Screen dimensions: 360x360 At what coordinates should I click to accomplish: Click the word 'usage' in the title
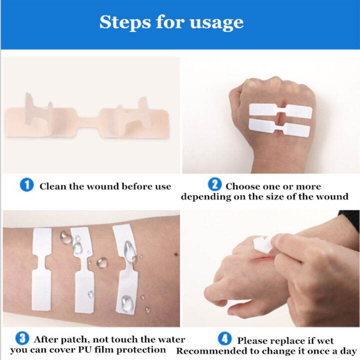(218, 23)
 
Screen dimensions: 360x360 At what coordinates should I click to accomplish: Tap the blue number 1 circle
(26, 185)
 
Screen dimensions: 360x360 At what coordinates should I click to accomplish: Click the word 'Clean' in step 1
(53, 186)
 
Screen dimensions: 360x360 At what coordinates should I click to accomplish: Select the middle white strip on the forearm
(82, 270)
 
